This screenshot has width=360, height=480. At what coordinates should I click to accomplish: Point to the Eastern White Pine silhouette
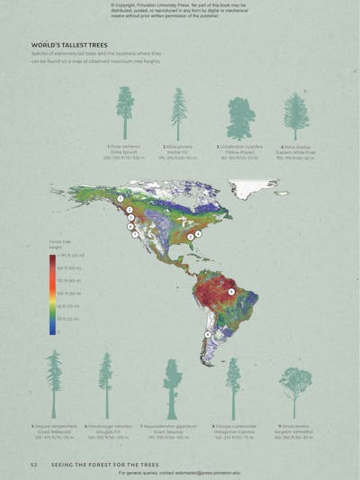[x=296, y=115]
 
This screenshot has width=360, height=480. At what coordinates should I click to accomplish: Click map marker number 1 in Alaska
[x=121, y=196]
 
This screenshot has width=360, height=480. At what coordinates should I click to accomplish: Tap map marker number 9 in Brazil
[x=231, y=292]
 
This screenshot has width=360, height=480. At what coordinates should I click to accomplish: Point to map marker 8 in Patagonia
[x=208, y=334]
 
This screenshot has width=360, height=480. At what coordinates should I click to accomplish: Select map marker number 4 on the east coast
[x=198, y=234]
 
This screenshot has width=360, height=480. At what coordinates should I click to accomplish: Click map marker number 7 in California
[x=135, y=234]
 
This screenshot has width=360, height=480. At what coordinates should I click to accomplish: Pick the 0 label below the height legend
[x=58, y=331]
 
